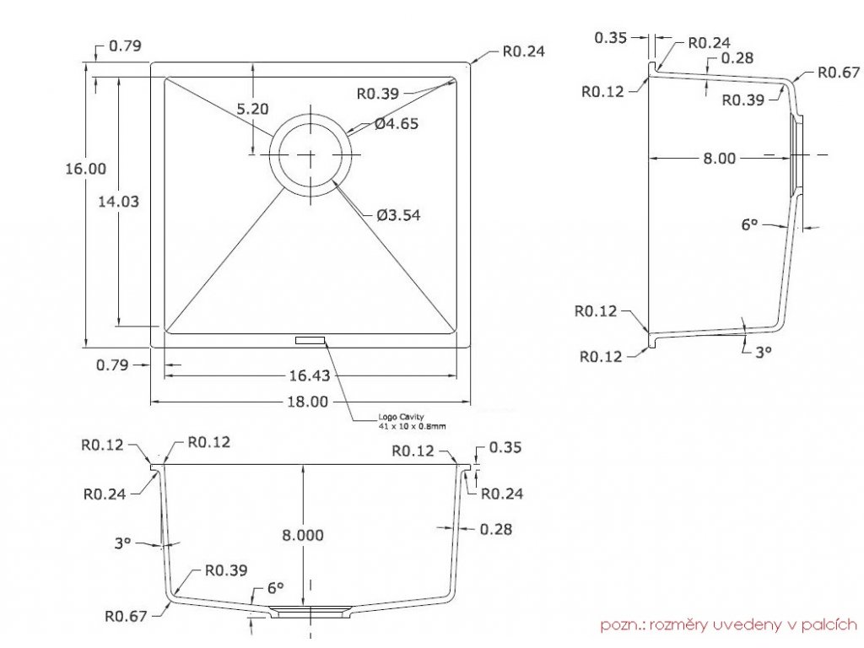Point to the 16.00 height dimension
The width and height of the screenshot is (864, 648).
pyautogui.click(x=86, y=169)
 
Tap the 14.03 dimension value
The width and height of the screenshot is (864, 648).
pyautogui.click(x=118, y=202)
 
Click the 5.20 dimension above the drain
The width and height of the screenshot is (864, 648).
pyautogui.click(x=252, y=108)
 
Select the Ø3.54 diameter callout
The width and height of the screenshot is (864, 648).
pyautogui.click(x=397, y=215)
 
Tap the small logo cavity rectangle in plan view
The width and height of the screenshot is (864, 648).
pyautogui.click(x=310, y=340)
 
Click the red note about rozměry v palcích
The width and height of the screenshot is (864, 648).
pyautogui.click(x=728, y=625)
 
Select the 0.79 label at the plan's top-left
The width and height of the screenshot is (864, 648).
pyautogui.click(x=125, y=46)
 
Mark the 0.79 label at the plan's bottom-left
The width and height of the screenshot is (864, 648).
pyautogui.click(x=112, y=365)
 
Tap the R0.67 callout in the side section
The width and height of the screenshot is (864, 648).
pyautogui.click(x=838, y=72)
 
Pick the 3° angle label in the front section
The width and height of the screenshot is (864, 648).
pyautogui.click(x=123, y=543)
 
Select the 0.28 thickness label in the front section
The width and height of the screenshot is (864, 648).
pyautogui.click(x=495, y=529)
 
